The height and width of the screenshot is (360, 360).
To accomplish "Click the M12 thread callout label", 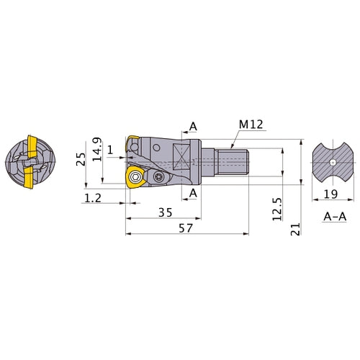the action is (251, 125).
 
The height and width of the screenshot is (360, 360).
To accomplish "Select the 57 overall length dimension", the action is (186, 228).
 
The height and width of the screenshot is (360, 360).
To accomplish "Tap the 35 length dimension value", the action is (166, 212).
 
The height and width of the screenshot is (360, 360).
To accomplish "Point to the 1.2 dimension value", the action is (93, 198).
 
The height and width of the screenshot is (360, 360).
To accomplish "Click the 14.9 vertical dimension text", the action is (97, 149).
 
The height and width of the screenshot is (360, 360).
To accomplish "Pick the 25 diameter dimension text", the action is (81, 159).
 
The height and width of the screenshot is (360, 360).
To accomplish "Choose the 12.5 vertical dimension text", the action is (277, 209).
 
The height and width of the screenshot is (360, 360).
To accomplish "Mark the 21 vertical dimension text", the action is (295, 229).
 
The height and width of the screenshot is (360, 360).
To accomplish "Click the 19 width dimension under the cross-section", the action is (330, 194).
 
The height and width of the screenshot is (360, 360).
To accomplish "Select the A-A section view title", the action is (335, 217).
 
